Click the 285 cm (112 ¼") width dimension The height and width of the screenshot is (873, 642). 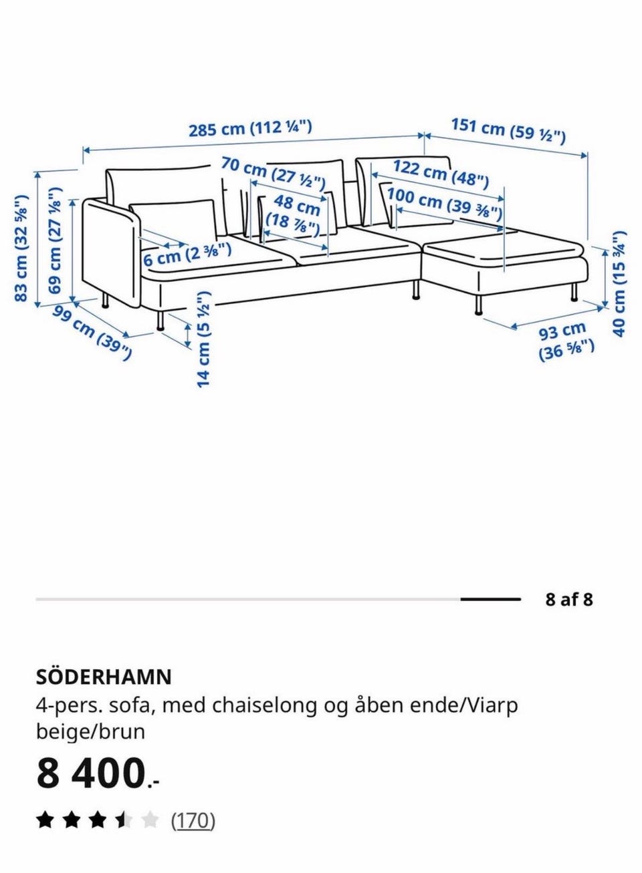[x=250, y=128]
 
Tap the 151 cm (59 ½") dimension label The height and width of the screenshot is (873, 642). [x=508, y=130]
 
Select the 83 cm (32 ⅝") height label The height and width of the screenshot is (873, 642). [x=22, y=247]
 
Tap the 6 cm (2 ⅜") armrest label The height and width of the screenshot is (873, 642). [x=187, y=254]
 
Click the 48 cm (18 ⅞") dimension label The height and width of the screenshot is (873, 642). [x=293, y=214]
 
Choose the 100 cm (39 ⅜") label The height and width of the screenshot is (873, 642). [x=444, y=203]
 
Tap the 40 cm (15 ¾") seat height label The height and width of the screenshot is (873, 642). [x=619, y=283]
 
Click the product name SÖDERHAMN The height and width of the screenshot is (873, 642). [x=104, y=677]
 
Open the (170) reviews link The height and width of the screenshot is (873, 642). [x=193, y=820]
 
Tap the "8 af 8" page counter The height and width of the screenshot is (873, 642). [x=568, y=599]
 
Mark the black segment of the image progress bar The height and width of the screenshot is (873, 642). [x=490, y=599]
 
